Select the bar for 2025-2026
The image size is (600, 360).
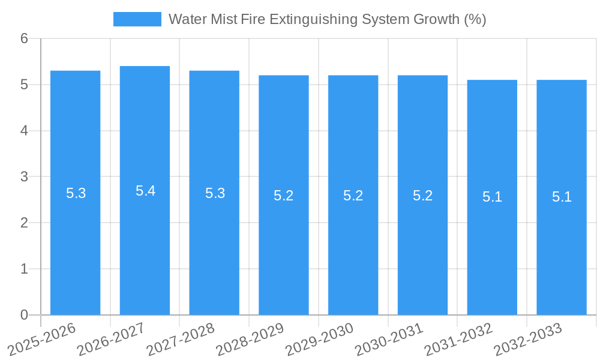pos(75,252)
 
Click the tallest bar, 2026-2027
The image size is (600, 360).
pos(145,252)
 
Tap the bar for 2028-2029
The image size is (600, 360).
pos(284,252)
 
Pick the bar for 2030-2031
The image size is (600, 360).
pos(422,252)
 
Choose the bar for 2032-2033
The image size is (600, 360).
pos(562,252)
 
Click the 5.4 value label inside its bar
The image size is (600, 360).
pos(145,191)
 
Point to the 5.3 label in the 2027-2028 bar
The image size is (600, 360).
pos(215,193)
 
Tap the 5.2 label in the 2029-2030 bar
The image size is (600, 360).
pos(353,196)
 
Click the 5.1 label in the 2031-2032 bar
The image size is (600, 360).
pos(492,197)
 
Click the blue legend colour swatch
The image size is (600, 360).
pos(137,19)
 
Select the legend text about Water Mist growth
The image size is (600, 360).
pos(327,19)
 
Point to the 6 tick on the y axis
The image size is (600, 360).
pos(24,38)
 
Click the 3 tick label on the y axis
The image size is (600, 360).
pos(24,177)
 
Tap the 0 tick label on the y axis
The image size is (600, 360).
pos(24,315)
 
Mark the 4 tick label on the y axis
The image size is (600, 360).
pos(24,131)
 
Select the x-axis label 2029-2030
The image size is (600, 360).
pos(319,339)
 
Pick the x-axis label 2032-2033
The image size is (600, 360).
pos(527,339)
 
